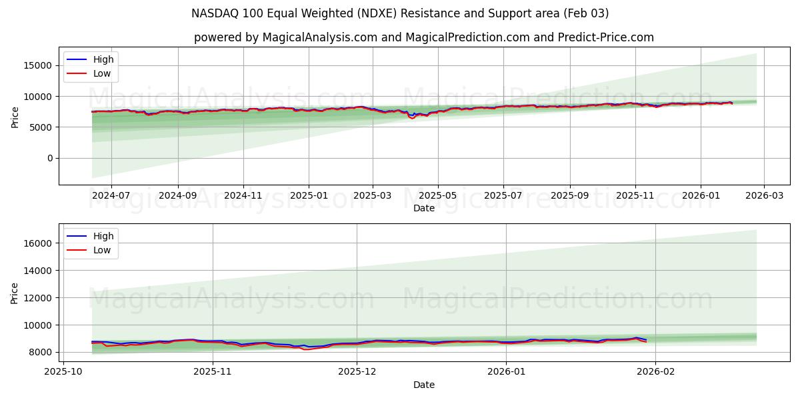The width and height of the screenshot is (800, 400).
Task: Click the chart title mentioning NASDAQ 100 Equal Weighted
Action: pos(400,13)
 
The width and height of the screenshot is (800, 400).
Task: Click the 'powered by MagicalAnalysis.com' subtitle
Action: pos(424,37)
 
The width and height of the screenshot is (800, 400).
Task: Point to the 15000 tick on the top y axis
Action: pos(39,65)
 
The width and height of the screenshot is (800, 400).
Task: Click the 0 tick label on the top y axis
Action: pos(49,158)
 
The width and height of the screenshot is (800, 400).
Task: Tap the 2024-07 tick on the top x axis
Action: pos(111,196)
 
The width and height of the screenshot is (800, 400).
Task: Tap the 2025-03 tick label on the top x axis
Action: pos(372,196)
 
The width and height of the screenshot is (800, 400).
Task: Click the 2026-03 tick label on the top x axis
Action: pos(764,196)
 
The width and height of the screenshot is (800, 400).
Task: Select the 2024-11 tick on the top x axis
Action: pos(243,196)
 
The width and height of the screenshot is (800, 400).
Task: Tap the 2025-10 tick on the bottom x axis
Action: pos(63,373)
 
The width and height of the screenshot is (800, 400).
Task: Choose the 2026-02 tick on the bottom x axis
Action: pos(655,373)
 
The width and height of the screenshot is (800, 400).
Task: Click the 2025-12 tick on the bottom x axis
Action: pos(357,373)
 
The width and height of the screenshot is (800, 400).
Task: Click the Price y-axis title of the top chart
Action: pos(15,116)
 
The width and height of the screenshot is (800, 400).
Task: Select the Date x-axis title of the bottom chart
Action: pos(424,385)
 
